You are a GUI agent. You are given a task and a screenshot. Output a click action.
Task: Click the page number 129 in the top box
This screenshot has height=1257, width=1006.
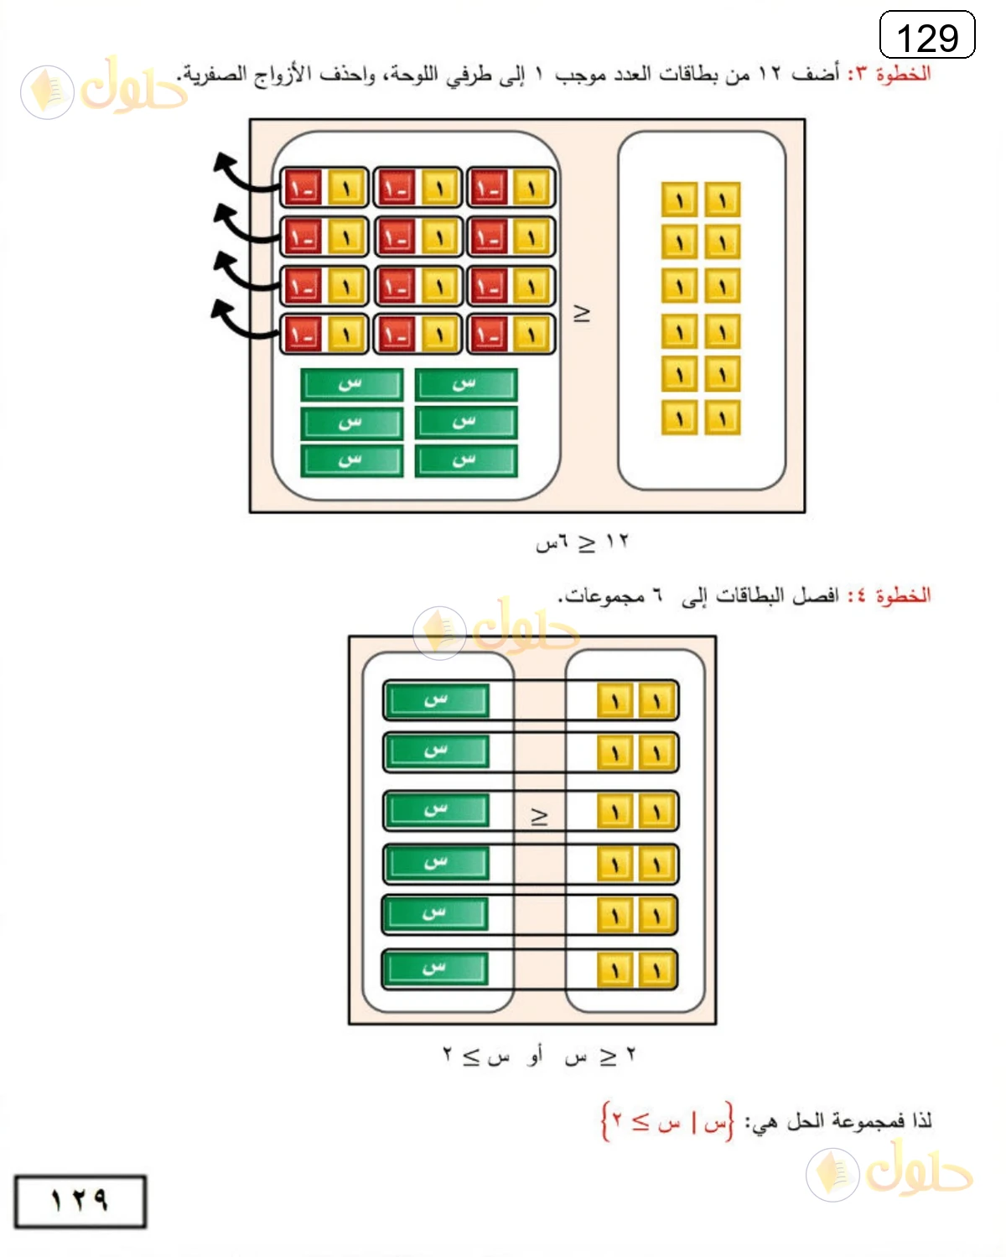pos(926,38)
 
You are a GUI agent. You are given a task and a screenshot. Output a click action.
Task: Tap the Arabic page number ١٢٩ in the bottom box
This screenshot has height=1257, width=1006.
pos(80,1200)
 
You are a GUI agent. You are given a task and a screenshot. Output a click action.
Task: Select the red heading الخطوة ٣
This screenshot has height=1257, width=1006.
pos(889,74)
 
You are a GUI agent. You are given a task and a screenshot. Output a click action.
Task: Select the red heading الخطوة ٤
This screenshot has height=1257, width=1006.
pos(889,595)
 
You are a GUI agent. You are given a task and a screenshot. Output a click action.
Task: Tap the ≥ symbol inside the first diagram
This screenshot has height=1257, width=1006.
pos(582,314)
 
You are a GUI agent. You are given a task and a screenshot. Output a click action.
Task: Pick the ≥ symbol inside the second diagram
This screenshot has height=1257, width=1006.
pos(539,817)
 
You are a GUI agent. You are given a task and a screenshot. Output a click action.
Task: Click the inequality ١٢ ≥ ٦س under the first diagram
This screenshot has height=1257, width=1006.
pos(582,543)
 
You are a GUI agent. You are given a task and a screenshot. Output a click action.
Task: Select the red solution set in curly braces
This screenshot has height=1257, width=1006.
pos(667,1121)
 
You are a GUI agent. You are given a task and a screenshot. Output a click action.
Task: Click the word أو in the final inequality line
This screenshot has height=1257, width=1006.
pos(534,1055)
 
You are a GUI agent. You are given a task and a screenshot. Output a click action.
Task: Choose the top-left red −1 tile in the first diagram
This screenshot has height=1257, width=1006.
pos(303,188)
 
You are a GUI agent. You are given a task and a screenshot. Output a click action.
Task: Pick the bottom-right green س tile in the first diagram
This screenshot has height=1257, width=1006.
pos(466,461)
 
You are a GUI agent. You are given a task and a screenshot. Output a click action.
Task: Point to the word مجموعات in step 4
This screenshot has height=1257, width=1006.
pos(601,595)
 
